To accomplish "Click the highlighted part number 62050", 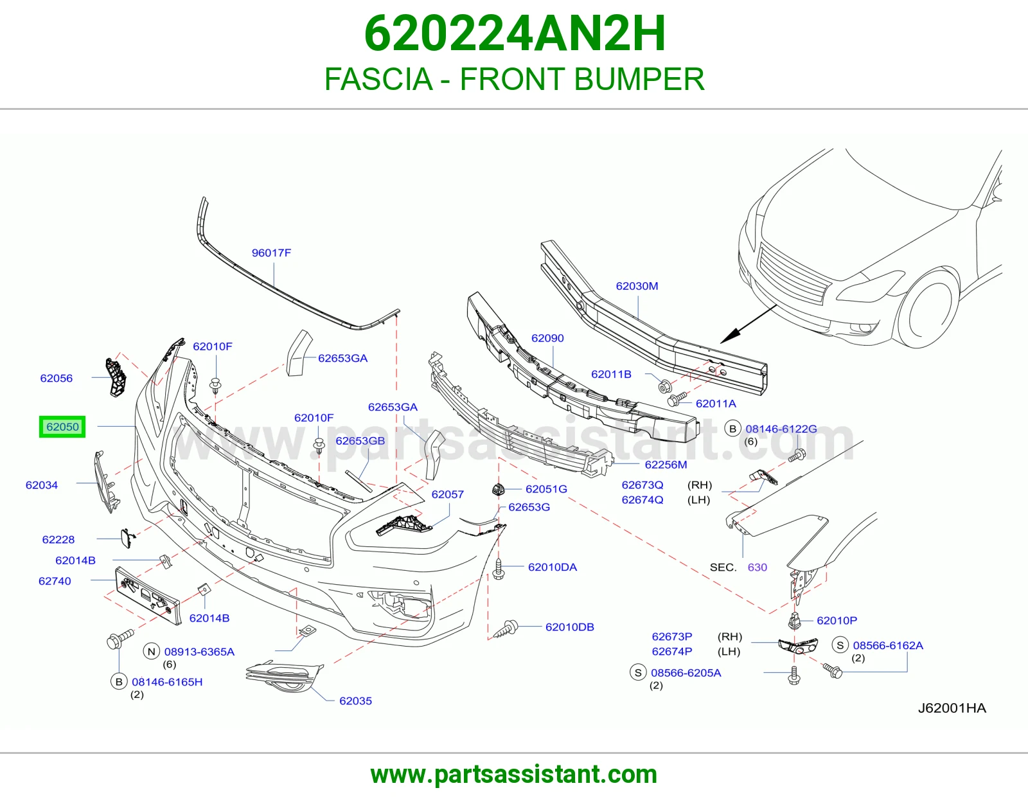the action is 62,427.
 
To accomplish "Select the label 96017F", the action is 271,253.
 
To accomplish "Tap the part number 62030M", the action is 637,286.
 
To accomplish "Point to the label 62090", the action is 547,338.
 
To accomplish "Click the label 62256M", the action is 666,465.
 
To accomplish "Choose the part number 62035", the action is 355,701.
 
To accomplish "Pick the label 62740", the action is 55,581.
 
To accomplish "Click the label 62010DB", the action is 570,627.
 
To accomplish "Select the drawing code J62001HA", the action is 952,708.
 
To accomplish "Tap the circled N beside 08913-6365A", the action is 152,652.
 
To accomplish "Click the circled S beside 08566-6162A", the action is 840,645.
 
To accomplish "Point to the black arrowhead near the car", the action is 729,337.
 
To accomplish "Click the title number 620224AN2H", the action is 515,33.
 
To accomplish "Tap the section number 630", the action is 757,568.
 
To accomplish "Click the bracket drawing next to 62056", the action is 115,378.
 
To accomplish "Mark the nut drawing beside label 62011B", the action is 665,387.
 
